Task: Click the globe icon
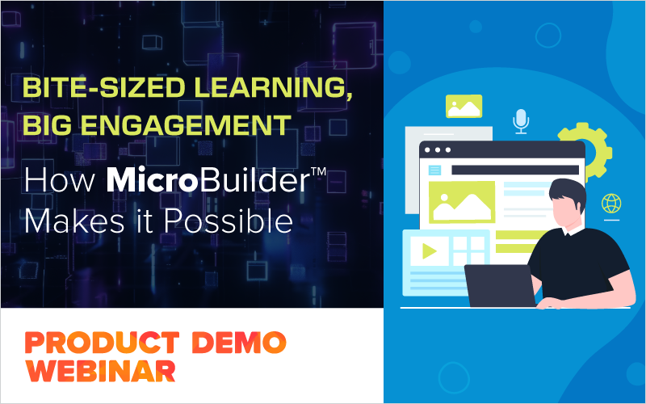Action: pyautogui.click(x=610, y=203)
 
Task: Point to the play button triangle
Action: pyautogui.click(x=429, y=251)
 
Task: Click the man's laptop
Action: pyautogui.click(x=501, y=285)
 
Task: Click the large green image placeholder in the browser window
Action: pyautogui.click(x=461, y=202)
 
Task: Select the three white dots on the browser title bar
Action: pyautogui.click(x=437, y=150)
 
